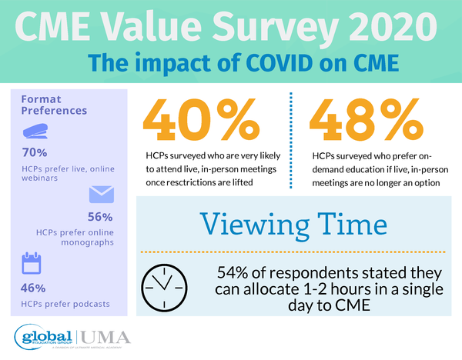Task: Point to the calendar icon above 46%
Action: [x=32, y=264]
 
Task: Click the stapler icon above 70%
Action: [x=36, y=132]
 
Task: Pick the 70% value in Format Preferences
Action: [x=35, y=152]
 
